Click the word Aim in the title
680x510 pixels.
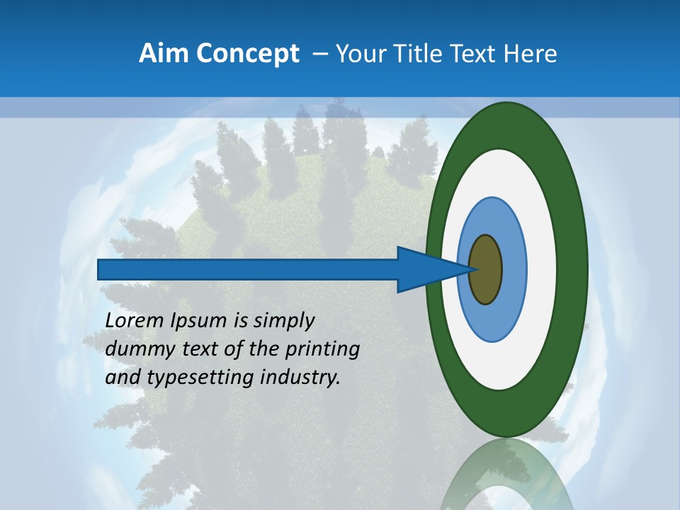(163, 54)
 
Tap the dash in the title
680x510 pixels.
(320, 54)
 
